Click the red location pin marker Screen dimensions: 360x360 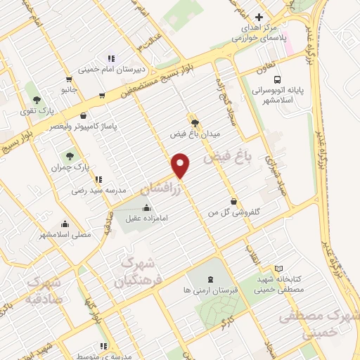[x=181, y=165]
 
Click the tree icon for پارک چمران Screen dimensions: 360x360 [x=69, y=156]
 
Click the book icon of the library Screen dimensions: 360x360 [x=278, y=269]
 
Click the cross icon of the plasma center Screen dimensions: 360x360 [x=259, y=17]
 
